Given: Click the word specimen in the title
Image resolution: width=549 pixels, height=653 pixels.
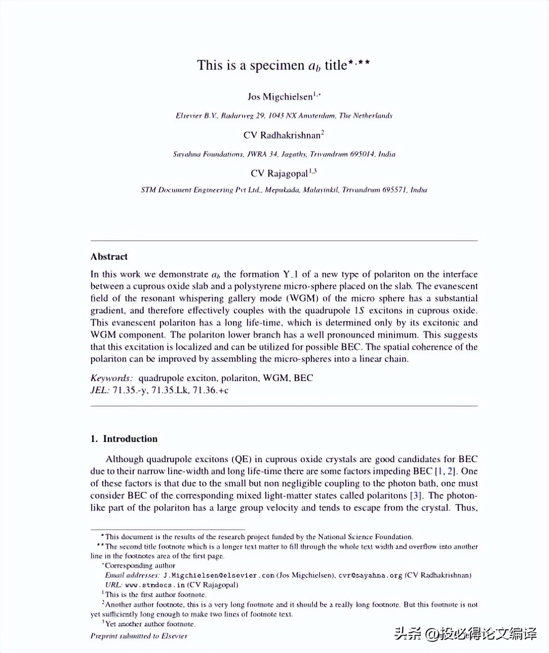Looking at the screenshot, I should coord(277,65).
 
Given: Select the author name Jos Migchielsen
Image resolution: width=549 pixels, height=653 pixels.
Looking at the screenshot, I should coord(280,97).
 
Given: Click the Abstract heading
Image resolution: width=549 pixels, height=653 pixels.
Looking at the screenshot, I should coord(109,257).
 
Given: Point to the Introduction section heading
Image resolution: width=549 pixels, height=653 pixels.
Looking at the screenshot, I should coord(130,439).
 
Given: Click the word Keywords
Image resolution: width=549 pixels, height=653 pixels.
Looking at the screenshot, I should coord(111,378).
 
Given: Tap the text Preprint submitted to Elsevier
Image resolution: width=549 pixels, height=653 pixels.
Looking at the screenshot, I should coord(139,636).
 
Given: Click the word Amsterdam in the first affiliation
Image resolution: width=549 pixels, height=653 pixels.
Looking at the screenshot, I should coord(317,116).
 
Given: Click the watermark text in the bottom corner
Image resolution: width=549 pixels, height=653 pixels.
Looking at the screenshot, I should coord(465,634).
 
